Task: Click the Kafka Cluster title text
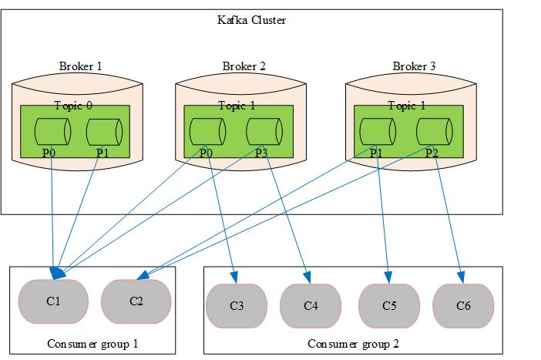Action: [251, 20]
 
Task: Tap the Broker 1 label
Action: [80, 66]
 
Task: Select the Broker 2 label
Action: [244, 66]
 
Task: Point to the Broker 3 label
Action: [414, 66]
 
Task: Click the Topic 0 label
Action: [73, 105]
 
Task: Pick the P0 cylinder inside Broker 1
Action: [53, 131]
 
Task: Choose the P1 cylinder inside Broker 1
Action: [104, 131]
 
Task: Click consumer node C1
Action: [53, 301]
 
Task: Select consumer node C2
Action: [136, 301]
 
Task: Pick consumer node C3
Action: [237, 305]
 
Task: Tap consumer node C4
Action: [311, 305]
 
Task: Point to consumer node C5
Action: [389, 305]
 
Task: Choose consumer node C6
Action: [463, 305]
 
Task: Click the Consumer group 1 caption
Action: [92, 344]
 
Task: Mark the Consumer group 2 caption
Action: [353, 344]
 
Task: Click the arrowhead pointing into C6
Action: [461, 278]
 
